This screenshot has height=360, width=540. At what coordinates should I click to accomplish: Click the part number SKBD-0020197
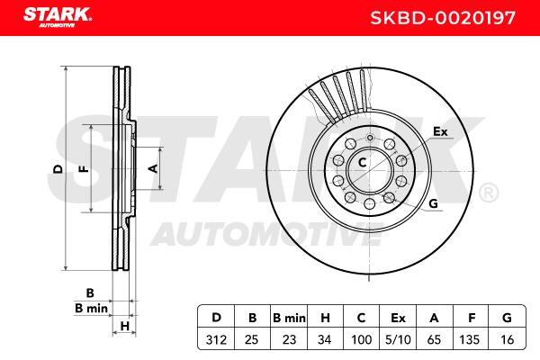[x=443, y=18]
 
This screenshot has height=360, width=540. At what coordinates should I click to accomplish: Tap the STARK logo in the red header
[x=58, y=17]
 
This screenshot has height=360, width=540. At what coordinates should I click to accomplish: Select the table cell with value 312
[x=216, y=339]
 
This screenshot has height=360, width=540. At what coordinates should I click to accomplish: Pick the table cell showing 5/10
[x=398, y=339]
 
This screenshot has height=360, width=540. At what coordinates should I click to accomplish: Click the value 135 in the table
[x=469, y=339]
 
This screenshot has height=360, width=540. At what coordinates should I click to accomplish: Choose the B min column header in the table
[x=289, y=318]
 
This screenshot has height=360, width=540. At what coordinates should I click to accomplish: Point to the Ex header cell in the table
[x=398, y=318]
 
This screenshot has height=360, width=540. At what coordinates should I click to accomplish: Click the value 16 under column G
[x=507, y=339]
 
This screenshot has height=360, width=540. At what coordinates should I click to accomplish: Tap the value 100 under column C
[x=361, y=339]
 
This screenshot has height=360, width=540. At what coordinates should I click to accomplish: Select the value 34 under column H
[x=324, y=339]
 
